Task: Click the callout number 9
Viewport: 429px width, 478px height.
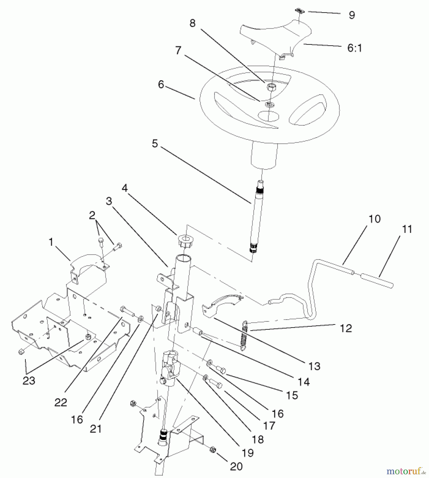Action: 352,15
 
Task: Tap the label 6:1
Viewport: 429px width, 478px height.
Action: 354,48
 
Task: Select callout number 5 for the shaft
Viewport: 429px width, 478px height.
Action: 155,143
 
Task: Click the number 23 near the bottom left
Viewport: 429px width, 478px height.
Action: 29,381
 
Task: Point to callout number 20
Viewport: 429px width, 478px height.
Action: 236,466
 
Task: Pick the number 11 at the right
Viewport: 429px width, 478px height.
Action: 407,229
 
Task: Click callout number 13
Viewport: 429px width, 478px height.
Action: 314,366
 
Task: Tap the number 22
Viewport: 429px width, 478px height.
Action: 60,403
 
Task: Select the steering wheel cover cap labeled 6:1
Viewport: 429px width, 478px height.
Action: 276,37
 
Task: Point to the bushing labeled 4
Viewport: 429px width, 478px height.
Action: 186,240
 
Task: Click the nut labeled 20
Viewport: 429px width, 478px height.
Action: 213,450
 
